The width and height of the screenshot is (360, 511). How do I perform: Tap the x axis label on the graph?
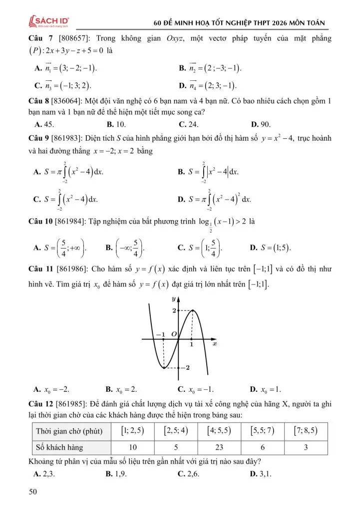point(215,344)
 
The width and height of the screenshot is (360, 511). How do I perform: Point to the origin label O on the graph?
point(174,333)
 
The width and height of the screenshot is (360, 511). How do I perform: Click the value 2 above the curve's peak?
point(174,311)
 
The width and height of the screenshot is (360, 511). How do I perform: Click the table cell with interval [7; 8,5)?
point(306,430)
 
